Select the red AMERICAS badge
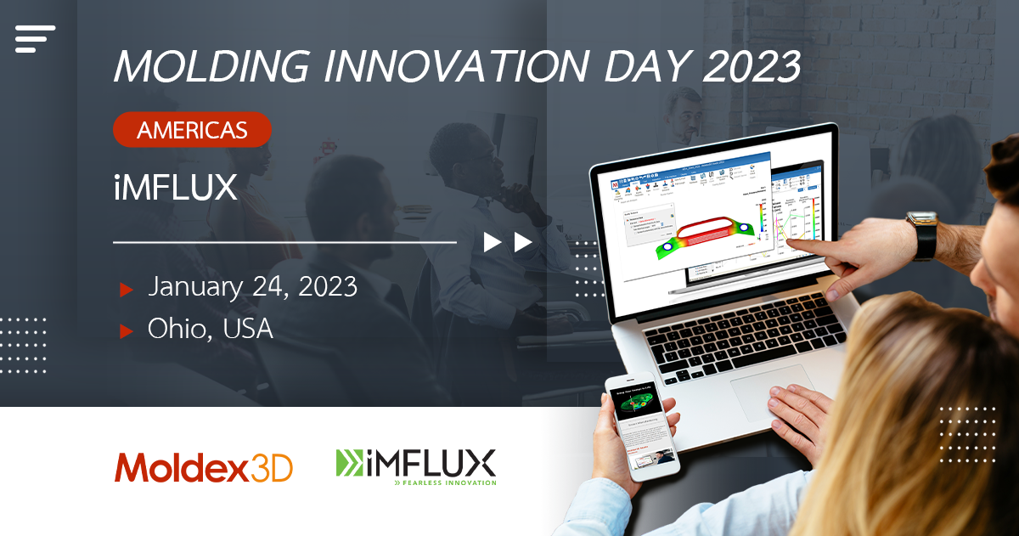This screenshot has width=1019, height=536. (192, 130)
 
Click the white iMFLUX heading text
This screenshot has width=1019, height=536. (175, 189)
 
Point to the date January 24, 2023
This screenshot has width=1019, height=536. (252, 286)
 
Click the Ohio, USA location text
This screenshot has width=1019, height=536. (210, 329)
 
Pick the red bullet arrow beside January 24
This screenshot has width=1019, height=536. (127, 290)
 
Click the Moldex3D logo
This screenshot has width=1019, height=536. (204, 467)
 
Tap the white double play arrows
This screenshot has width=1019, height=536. (508, 242)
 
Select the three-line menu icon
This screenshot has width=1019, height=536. (35, 38)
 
